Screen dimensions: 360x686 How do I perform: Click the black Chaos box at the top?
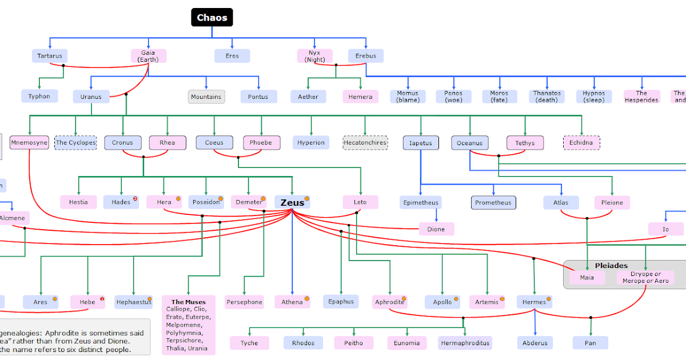(x=212, y=18)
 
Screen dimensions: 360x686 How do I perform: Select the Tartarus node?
(x=50, y=56)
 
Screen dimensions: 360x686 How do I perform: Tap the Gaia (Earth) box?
(x=148, y=56)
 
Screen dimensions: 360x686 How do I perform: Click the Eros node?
(x=232, y=56)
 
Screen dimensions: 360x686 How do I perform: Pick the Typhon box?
(x=39, y=96)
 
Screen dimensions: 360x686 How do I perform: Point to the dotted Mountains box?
(x=206, y=97)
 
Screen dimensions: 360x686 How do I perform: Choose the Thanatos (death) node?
(x=547, y=97)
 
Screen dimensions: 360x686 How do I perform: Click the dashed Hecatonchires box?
(x=365, y=142)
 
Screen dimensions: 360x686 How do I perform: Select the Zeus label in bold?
(x=292, y=202)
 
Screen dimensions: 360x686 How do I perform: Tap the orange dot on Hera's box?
(x=178, y=199)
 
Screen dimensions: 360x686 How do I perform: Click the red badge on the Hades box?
(x=135, y=198)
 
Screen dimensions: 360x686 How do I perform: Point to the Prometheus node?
(x=493, y=202)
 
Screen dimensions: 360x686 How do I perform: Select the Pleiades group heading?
(x=611, y=265)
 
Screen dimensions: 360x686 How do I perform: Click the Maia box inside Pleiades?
(x=587, y=278)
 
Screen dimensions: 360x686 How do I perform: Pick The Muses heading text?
(x=189, y=302)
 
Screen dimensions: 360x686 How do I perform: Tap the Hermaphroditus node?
(x=465, y=343)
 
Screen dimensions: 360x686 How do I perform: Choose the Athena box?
(x=292, y=302)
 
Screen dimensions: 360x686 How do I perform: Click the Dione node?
(x=436, y=229)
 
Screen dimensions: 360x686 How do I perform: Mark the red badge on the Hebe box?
(x=102, y=298)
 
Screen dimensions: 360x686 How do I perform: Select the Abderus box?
(x=535, y=343)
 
